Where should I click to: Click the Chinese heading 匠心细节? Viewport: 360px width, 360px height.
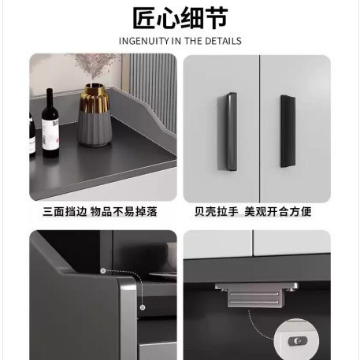[180, 18]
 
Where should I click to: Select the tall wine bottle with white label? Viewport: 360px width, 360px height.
[50, 124]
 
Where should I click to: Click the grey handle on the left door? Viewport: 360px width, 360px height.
[228, 132]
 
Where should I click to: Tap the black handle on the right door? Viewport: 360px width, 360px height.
[288, 132]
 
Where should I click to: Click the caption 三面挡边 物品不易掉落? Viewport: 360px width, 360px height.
[100, 212]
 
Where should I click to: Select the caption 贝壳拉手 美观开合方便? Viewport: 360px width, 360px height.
[253, 212]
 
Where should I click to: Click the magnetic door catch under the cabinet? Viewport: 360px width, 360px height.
[257, 295]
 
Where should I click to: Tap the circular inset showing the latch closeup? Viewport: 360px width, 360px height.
[296, 340]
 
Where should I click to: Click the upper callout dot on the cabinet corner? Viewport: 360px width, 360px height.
[103, 271]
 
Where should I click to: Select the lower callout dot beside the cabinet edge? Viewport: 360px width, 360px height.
[143, 307]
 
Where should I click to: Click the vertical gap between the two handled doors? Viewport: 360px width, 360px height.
[260, 128]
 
